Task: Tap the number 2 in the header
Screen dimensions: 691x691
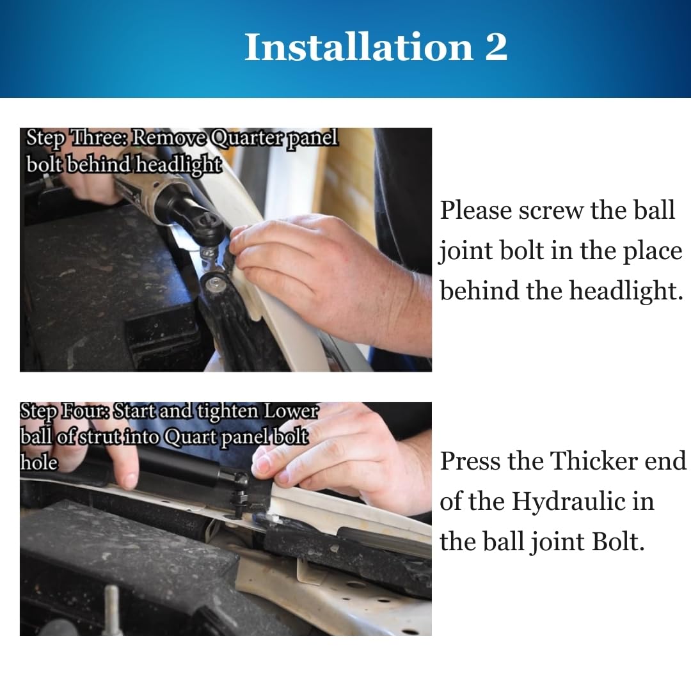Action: [496, 47]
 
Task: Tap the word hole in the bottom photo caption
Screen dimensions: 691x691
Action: [39, 463]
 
